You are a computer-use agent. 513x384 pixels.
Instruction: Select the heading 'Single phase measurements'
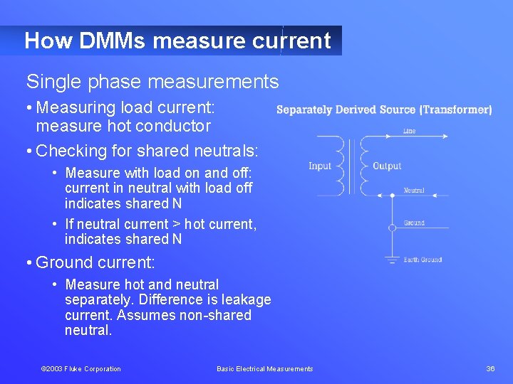coord(152,82)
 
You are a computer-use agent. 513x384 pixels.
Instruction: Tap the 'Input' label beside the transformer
coord(320,166)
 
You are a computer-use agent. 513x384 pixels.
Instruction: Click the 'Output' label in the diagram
coord(387,166)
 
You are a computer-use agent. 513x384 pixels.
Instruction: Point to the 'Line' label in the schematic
coord(409,132)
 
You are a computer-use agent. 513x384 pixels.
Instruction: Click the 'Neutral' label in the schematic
coord(414,191)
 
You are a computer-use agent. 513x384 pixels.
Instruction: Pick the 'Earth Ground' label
coord(423,260)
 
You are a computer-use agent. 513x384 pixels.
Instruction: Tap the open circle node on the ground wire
coord(392,228)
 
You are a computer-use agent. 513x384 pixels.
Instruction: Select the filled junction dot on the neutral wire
coord(392,195)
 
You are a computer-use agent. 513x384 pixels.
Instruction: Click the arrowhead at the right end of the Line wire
coord(446,136)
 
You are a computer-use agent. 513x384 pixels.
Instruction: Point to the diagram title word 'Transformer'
coord(455,110)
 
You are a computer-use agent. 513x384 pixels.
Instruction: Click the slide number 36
coord(490,368)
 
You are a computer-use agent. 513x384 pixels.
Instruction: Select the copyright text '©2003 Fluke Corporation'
coord(81,368)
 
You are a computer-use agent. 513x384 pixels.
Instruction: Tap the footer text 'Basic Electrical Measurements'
coord(265,368)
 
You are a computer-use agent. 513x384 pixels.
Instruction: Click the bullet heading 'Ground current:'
coord(95,262)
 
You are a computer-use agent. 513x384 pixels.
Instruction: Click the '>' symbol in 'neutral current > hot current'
coord(177,224)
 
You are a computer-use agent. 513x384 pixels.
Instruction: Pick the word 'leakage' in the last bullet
coord(247,300)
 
